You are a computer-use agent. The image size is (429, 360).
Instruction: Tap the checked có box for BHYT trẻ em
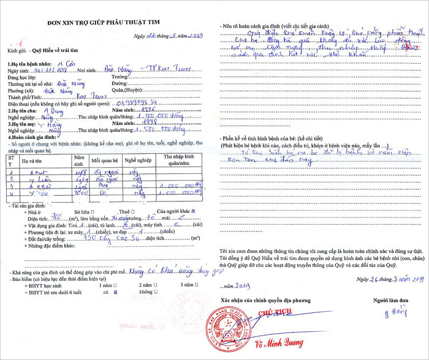click(x=115, y=293)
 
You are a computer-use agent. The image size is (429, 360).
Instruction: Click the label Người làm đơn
click(x=391, y=300)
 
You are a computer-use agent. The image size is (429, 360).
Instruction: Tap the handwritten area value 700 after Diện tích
click(x=56, y=217)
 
